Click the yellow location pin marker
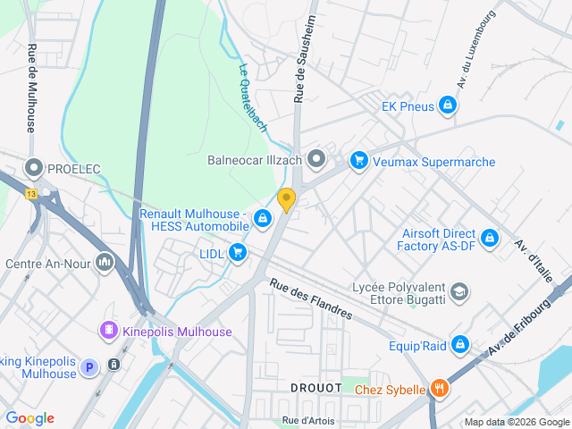286,199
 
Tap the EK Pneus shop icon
449,107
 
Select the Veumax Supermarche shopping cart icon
358,161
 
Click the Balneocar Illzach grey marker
316,161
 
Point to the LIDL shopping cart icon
237,253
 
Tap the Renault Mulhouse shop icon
263,218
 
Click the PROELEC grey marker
34,167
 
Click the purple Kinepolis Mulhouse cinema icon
109,331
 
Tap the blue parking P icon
88,366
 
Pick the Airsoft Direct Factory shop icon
489,239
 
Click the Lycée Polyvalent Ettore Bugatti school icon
458,291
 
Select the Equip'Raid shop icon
460,343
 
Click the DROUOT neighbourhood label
315,388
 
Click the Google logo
30,418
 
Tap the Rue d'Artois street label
309,420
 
